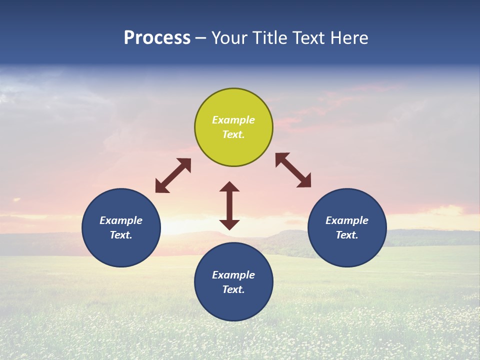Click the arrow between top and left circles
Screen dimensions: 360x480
point(173,175)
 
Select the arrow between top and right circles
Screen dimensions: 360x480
point(293,170)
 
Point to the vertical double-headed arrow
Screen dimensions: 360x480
point(229,205)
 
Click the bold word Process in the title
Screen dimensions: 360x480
point(157,37)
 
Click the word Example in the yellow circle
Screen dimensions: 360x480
point(233,120)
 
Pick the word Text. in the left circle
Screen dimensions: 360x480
point(121,235)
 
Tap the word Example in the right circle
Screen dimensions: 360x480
point(347,220)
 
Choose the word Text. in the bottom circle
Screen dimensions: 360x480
point(233,289)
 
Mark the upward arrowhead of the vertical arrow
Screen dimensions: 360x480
point(229,186)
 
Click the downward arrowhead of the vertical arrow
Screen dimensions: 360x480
point(229,224)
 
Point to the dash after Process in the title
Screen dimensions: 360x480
point(201,37)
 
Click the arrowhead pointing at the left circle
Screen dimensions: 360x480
point(161,187)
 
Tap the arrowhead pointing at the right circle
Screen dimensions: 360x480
point(304,181)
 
